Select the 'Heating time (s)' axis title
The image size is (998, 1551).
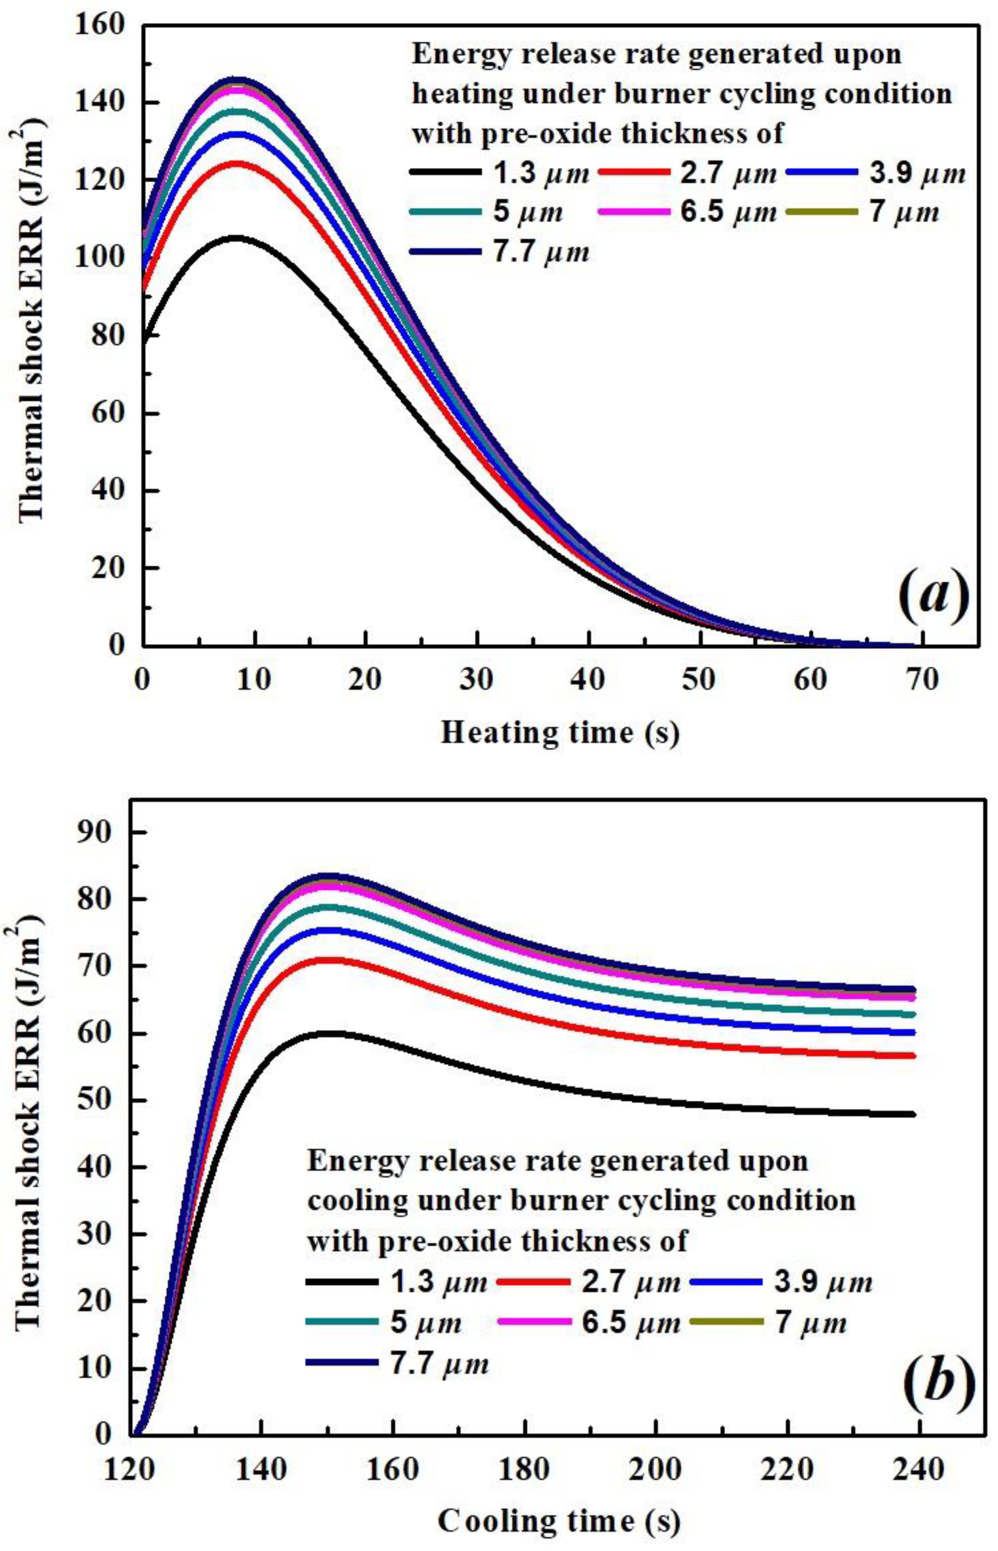tap(561, 733)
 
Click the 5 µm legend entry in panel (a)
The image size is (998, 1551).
tap(486, 212)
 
